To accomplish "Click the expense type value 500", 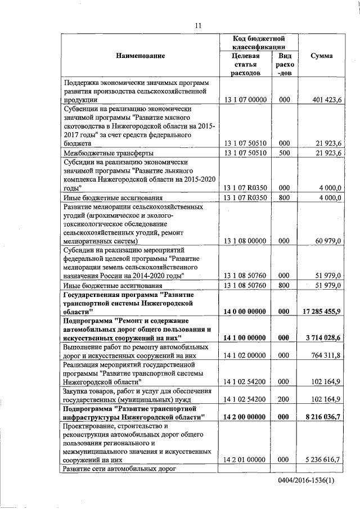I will tap(284, 152).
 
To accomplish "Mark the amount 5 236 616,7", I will tap(323, 460).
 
